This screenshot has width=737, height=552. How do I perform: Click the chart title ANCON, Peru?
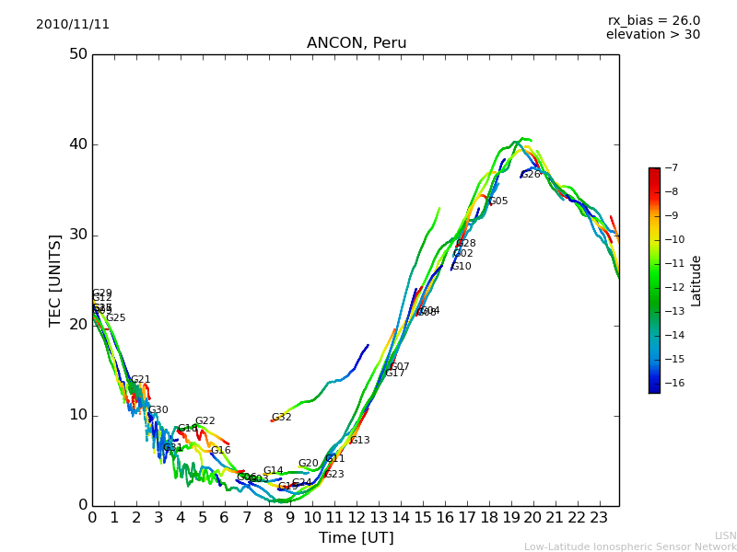pos(356,43)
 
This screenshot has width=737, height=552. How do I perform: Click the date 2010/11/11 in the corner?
pos(73,25)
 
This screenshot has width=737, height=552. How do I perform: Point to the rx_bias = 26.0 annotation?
pos(653,21)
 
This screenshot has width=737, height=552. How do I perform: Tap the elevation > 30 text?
pos(653,35)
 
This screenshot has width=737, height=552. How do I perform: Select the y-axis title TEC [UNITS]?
pos(55,280)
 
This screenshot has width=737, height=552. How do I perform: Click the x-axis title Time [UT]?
pos(356,538)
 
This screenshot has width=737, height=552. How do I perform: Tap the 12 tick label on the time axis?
pos(357,518)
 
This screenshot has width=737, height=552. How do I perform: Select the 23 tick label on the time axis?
pos(599,518)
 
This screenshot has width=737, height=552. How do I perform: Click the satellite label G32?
pos(281,418)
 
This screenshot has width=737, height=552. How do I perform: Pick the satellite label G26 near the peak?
pos(531,175)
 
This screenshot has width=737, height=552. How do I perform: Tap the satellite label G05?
pos(498,201)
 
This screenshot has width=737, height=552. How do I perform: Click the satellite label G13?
pos(359,441)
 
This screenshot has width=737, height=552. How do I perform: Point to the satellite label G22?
pos(205,421)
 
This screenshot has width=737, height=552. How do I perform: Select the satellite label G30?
pos(158,410)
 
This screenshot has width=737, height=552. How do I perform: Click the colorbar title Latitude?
pos(696,281)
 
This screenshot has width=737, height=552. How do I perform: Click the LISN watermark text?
pos(725,535)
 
